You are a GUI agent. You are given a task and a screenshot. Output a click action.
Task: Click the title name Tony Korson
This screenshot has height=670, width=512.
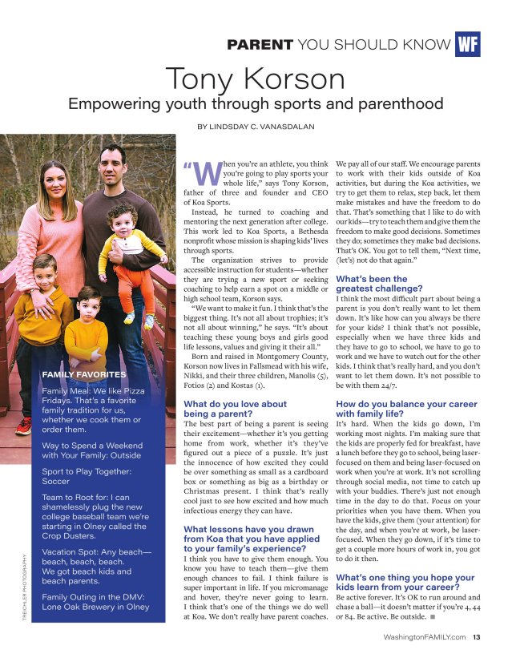tap(256, 79)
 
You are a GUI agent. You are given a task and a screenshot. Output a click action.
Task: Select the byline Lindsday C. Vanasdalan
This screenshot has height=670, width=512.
tap(256, 127)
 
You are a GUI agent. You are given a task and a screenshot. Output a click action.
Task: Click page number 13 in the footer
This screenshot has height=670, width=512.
tap(476, 638)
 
